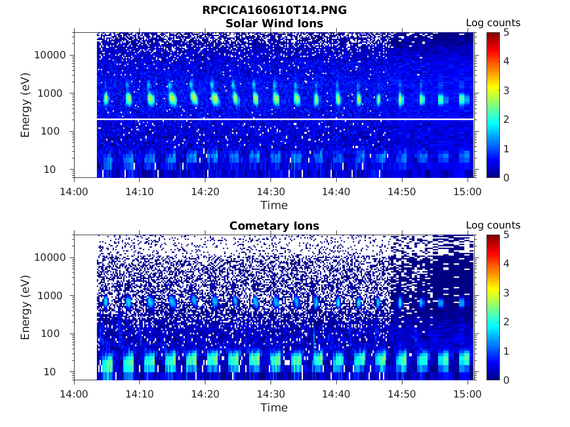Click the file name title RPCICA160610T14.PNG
point(274,10)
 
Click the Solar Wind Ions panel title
point(274,23)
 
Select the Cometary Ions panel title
point(274,226)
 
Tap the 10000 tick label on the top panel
point(51,55)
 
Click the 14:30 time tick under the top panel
point(271,192)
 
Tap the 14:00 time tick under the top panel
point(75,192)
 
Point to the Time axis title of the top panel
point(274,205)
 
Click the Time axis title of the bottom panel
point(274,408)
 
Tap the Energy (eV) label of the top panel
point(26,105)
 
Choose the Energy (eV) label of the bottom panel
point(26,307)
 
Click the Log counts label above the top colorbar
point(493,23)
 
